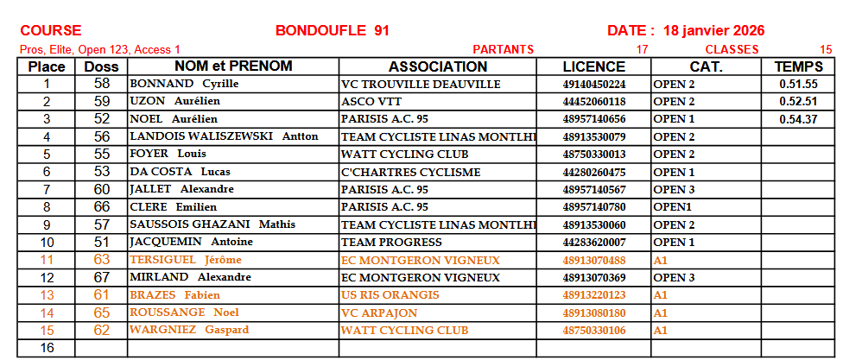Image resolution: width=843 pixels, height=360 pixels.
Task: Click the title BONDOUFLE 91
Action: tap(332, 31)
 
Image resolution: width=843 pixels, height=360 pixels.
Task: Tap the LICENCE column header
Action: tap(593, 66)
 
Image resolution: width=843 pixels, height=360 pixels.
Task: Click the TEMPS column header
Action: tap(798, 66)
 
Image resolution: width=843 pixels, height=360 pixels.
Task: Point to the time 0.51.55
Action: tap(798, 85)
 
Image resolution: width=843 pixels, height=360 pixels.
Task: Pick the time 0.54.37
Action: tap(798, 119)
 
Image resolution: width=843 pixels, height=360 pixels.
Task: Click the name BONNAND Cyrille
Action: tap(184, 85)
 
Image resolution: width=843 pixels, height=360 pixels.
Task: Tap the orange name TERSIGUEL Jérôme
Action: tap(186, 260)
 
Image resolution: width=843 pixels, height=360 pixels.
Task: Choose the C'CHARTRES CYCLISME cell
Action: tap(411, 172)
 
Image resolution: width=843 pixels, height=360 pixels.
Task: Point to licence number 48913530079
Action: tap(593, 136)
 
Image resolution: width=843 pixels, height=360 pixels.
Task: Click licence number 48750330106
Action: tap(593, 330)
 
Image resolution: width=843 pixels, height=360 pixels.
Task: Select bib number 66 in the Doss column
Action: tap(102, 207)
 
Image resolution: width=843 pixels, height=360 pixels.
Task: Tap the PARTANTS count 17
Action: tap(641, 49)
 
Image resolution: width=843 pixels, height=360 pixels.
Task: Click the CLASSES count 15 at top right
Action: tap(826, 49)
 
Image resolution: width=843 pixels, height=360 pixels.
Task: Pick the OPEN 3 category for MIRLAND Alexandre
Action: tap(674, 277)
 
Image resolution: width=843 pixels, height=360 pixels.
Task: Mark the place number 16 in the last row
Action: tap(47, 348)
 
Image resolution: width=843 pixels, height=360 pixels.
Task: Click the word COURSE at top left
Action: tap(51, 31)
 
